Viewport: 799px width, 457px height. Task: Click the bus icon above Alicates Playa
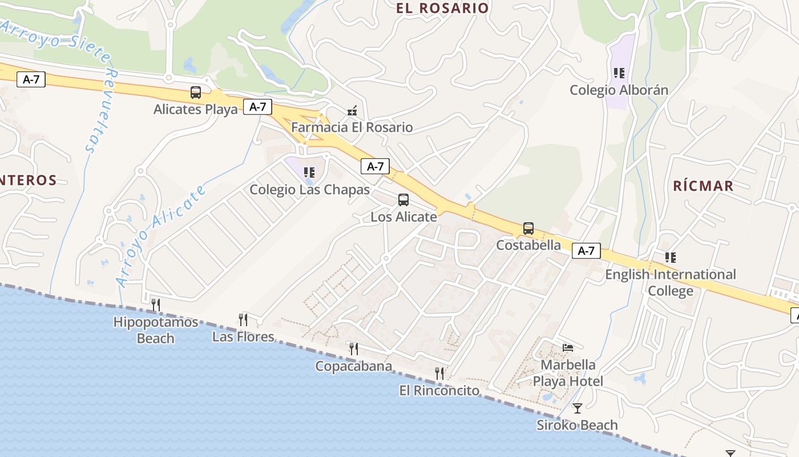(x=196, y=93)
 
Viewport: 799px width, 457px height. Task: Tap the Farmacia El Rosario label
(x=352, y=127)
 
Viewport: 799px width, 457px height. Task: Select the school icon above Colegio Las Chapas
(x=309, y=173)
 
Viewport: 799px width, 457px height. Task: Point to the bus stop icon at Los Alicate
(x=403, y=200)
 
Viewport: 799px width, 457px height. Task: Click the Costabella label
(x=528, y=245)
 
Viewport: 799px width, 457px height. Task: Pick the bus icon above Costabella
(x=528, y=228)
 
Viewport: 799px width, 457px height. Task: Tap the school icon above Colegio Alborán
(x=619, y=73)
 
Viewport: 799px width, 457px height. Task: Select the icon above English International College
(x=671, y=258)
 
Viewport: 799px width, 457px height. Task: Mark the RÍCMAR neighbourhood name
(x=703, y=186)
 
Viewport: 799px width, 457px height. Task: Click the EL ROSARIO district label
(x=443, y=8)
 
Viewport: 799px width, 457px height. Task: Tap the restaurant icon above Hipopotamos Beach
(x=155, y=305)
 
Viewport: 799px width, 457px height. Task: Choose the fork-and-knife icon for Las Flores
(x=243, y=319)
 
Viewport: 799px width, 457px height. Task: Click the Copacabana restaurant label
(x=354, y=366)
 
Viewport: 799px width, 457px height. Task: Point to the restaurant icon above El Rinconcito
(x=439, y=374)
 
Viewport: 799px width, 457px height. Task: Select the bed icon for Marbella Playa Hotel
(x=568, y=347)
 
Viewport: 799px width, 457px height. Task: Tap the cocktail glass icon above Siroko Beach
(x=578, y=408)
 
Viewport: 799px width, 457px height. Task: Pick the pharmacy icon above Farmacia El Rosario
(x=352, y=110)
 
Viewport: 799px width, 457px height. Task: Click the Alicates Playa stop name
(x=195, y=109)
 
